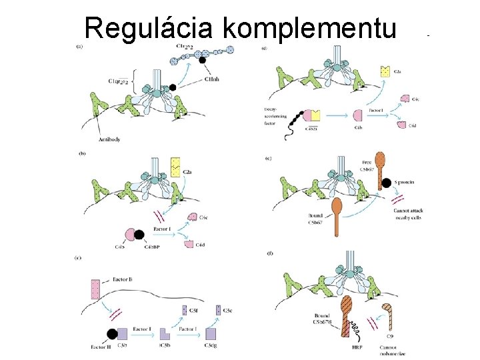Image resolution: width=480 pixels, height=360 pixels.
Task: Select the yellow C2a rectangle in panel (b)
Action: (x=176, y=167)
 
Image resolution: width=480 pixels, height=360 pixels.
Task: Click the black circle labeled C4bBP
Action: (x=139, y=235)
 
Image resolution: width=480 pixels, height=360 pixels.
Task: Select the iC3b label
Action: (x=165, y=346)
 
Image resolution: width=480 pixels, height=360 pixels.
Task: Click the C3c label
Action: (x=227, y=310)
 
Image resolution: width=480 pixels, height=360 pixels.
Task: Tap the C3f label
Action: (x=193, y=310)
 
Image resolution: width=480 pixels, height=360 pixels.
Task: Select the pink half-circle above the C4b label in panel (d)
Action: (x=357, y=115)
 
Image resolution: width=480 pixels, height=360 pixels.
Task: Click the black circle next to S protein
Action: (x=386, y=183)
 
